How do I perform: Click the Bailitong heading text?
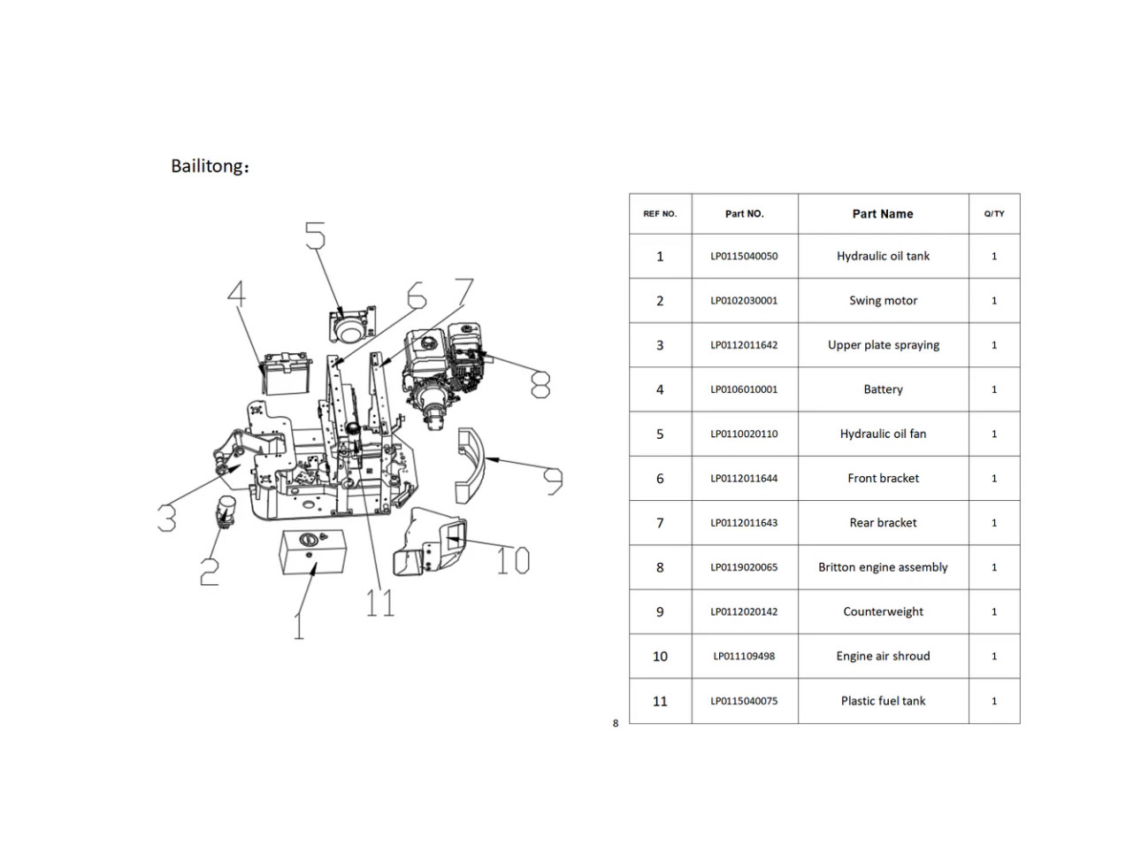point(210,165)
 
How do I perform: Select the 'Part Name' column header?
point(882,213)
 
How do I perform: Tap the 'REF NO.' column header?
point(660,213)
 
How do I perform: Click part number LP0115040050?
point(744,256)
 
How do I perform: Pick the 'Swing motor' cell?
point(883,301)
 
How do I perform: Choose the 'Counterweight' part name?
point(883,611)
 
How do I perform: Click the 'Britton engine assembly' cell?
point(883,567)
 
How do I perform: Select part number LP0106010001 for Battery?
point(744,389)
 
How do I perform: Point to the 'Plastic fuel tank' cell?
point(883,701)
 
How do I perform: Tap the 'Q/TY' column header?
point(994,213)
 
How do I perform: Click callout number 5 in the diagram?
point(316,235)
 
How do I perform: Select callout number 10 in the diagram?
point(512,560)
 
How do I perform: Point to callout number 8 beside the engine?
point(540,385)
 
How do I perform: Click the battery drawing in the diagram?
point(286,373)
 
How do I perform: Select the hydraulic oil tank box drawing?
point(312,552)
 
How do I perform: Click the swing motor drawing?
point(226,511)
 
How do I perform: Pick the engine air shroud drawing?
point(430,542)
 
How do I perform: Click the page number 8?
point(616,724)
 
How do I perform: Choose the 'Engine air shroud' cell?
point(883,656)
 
